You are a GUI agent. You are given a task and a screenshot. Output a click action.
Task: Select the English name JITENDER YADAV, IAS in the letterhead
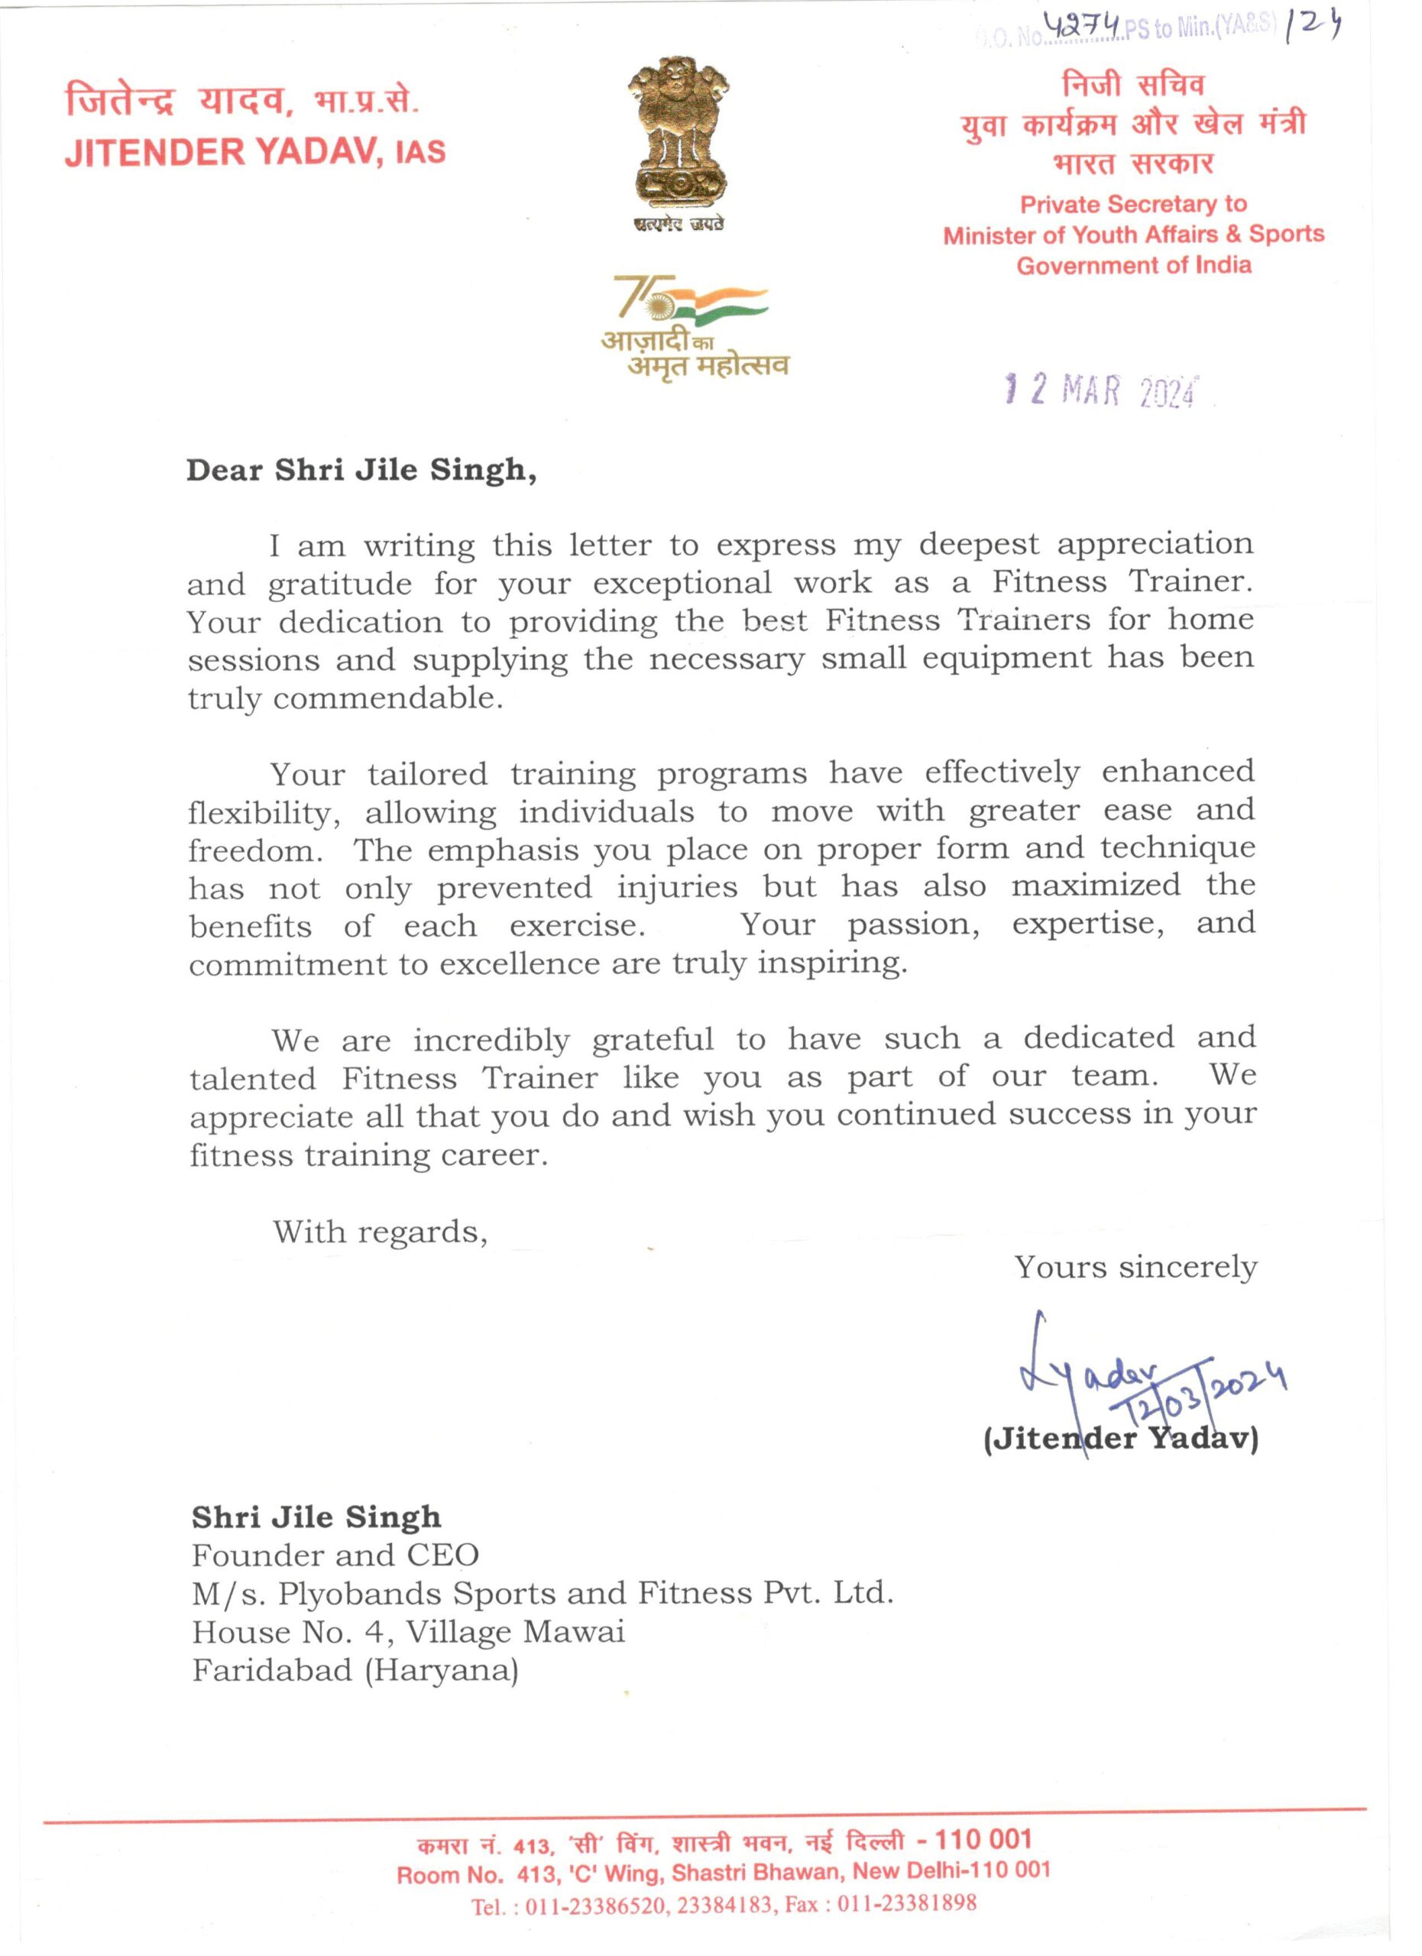pos(254,152)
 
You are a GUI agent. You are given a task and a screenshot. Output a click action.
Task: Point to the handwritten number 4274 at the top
pos(1083,28)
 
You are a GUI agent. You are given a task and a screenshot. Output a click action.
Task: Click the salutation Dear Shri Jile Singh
pos(361,471)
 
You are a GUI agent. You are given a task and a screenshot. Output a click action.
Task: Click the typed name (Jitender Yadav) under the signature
pos(1120,1439)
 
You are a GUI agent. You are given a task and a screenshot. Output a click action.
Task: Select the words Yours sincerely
pos(1135,1268)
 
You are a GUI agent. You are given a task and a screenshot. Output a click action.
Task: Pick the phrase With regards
pos(381,1231)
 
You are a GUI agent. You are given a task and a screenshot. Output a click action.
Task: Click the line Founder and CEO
pos(335,1555)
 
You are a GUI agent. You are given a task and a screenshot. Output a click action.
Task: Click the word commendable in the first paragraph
pos(387,698)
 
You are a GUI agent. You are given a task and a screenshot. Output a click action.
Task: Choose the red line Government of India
pos(1133,265)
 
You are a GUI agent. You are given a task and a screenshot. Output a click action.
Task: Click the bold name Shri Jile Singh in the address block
pos(316,1516)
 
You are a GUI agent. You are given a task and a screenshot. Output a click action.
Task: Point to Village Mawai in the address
pos(516,1632)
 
